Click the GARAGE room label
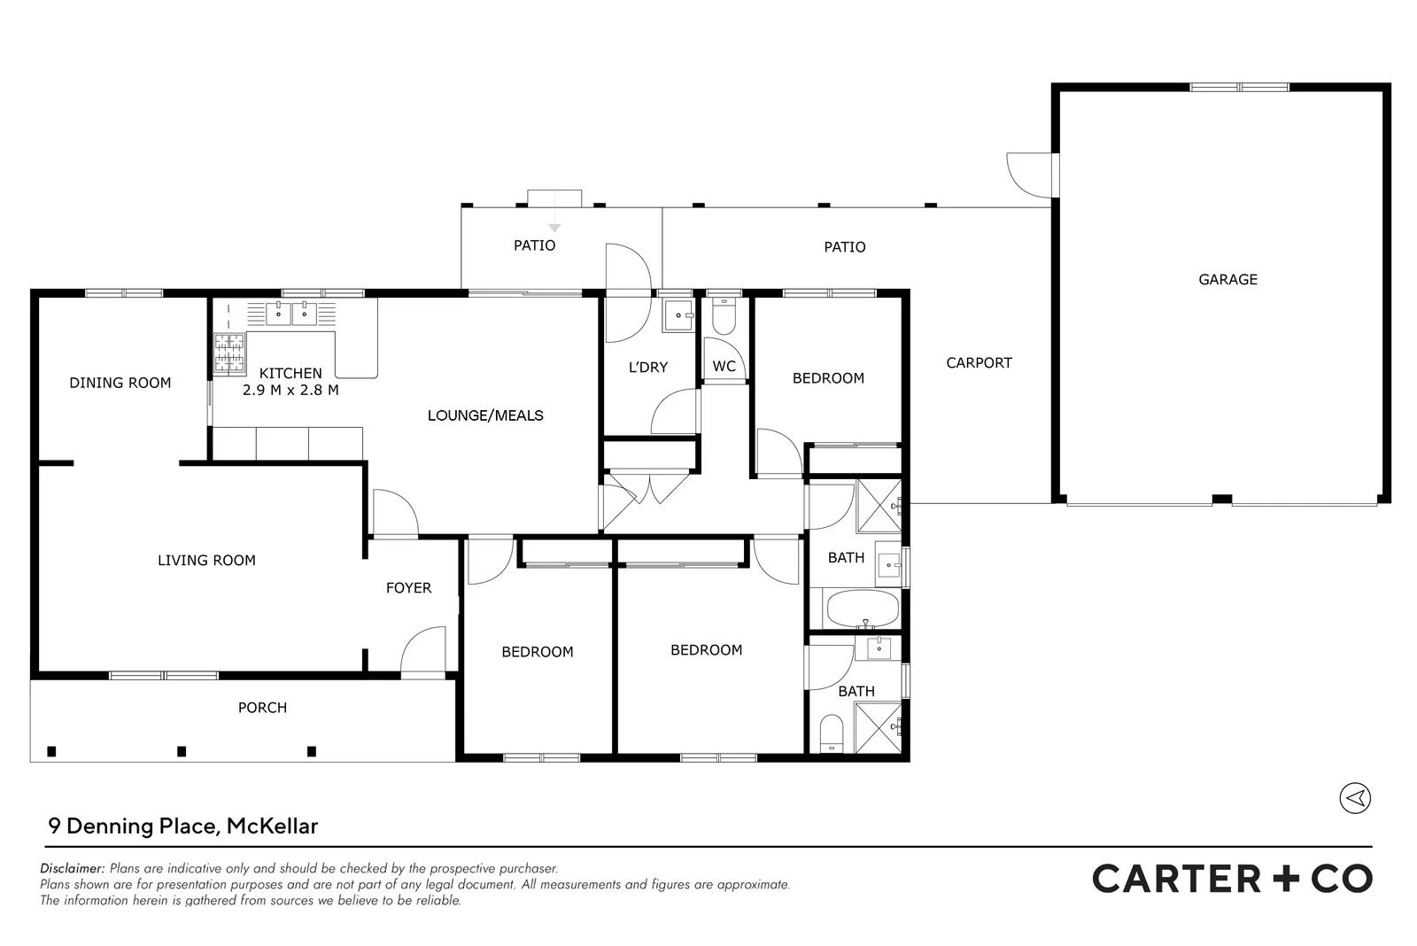pyautogui.click(x=1227, y=279)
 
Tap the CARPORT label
pyautogui.click(x=979, y=362)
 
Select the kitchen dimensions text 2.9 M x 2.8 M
pyautogui.click(x=290, y=390)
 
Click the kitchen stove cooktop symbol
pyautogui.click(x=229, y=353)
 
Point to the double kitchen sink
pyautogui.click(x=291, y=313)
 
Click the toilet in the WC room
pyautogui.click(x=724, y=318)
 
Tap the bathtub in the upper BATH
pyautogui.click(x=862, y=609)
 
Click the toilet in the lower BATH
pyautogui.click(x=830, y=733)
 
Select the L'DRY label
pyautogui.click(x=647, y=367)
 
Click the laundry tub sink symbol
pyautogui.click(x=679, y=314)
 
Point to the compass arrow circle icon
pyautogui.click(x=1354, y=798)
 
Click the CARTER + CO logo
pyautogui.click(x=1232, y=879)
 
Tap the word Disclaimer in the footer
pyautogui.click(x=73, y=869)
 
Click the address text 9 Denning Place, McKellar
pyautogui.click(x=183, y=826)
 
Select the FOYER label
pyautogui.click(x=408, y=587)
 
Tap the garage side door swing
pyautogui.click(x=1027, y=174)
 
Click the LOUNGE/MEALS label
pyautogui.click(x=485, y=415)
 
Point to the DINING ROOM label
pyautogui.click(x=120, y=383)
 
